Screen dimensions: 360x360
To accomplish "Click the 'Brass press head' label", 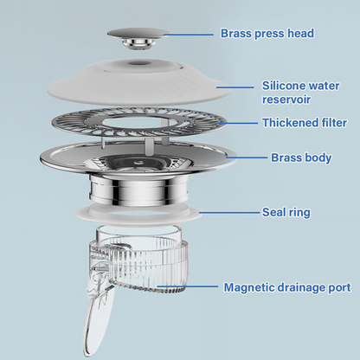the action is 267,34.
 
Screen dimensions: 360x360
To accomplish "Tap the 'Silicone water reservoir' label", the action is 300,93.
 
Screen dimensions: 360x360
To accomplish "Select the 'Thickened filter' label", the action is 305,123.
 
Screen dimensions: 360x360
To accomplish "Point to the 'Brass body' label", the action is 301,157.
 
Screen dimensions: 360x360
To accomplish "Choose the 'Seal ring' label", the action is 286,212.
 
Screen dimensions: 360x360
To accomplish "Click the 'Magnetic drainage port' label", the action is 287,287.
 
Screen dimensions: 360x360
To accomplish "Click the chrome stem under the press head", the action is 138,45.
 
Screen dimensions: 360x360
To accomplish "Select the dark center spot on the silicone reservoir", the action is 138,63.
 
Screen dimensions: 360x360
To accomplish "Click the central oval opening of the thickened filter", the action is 138,122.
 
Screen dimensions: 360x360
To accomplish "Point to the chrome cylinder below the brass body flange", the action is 138,190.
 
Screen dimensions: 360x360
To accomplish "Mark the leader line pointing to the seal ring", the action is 229,213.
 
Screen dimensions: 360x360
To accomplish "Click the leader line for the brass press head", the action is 189,35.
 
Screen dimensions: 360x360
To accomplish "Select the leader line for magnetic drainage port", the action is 188,286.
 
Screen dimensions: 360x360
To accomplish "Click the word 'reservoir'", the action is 286,100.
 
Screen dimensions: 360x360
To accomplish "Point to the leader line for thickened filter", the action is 237,123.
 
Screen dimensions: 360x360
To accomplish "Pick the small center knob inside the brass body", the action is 138,162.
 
